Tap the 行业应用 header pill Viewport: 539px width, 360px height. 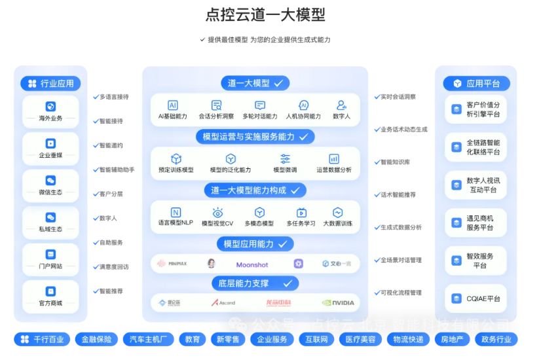(x=51, y=83)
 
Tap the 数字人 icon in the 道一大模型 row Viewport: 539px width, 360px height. (x=341, y=109)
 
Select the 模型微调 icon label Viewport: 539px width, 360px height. (x=285, y=164)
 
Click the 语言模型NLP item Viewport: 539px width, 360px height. (x=175, y=217)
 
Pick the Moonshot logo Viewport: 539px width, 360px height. (x=252, y=264)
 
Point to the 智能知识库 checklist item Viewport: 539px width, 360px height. (x=395, y=162)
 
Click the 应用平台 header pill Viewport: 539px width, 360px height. (x=477, y=83)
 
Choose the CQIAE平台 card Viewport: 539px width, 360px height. (x=476, y=298)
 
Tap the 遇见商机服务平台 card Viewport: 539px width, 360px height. (x=476, y=223)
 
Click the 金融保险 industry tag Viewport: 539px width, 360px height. (x=96, y=339)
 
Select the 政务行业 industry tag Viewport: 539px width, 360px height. (x=496, y=339)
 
